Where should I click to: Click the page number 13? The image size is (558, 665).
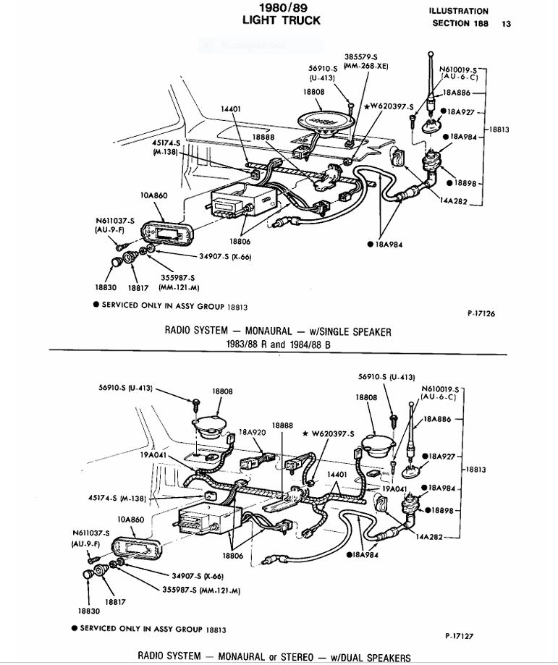click(506, 24)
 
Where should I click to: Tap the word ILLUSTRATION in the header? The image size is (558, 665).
click(458, 12)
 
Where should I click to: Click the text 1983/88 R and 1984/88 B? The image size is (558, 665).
click(278, 344)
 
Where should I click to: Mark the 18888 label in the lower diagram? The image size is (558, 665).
click(282, 425)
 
